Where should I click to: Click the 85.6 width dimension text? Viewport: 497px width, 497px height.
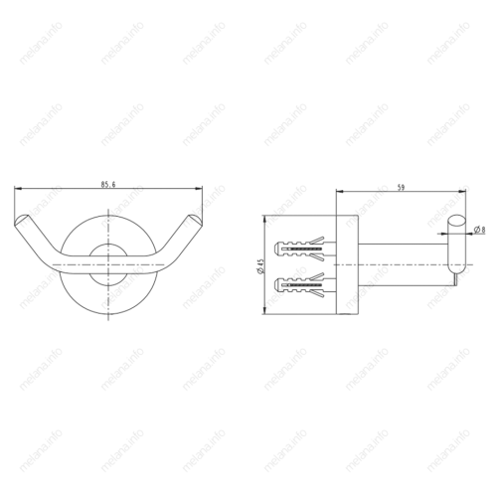109,184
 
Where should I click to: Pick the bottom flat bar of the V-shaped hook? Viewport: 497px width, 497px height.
109,269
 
